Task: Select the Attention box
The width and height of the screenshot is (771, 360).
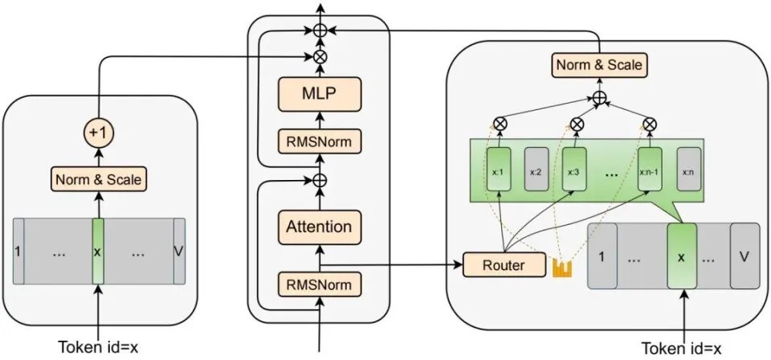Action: pyautogui.click(x=319, y=227)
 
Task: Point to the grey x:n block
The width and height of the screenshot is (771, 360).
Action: pyautogui.click(x=689, y=170)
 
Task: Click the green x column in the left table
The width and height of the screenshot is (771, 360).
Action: pyautogui.click(x=98, y=250)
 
